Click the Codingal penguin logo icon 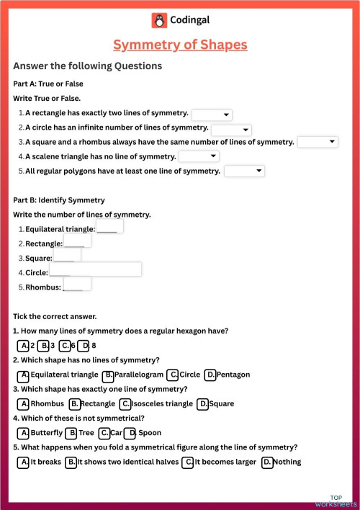point(158,20)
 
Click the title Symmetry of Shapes point(180,45)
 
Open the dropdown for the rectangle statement point(212,115)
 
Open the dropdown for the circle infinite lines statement point(231,130)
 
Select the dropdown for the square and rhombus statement point(318,142)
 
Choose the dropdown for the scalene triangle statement point(199,156)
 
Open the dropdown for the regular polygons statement point(245,171)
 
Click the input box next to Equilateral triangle point(109,227)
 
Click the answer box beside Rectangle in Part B point(78,241)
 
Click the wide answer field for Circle point(95,269)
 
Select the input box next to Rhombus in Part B point(78,284)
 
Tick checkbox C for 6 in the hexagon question point(65,346)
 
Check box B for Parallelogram point(108,375)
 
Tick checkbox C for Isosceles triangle point(125,404)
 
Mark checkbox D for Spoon point(130,433)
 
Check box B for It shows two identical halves point(71,462)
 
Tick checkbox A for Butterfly point(24,433)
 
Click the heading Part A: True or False point(48,84)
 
